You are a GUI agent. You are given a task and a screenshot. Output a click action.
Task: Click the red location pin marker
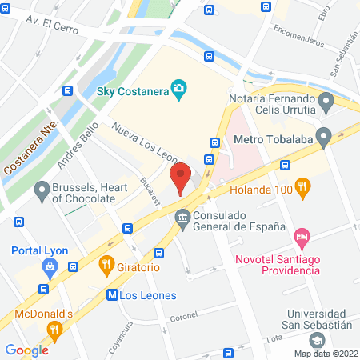(x=182, y=178)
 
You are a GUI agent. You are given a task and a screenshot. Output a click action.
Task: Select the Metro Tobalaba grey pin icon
(x=323, y=139)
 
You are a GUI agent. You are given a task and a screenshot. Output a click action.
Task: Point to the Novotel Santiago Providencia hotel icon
(x=302, y=237)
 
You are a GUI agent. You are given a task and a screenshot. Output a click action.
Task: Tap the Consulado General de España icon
(x=182, y=217)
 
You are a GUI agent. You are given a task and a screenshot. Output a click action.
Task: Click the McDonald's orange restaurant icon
(x=54, y=328)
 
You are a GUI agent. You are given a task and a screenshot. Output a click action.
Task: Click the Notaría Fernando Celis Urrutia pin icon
(x=325, y=102)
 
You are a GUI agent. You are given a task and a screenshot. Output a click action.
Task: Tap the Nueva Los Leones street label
(x=144, y=143)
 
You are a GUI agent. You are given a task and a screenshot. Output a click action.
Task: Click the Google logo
(x=26, y=350)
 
